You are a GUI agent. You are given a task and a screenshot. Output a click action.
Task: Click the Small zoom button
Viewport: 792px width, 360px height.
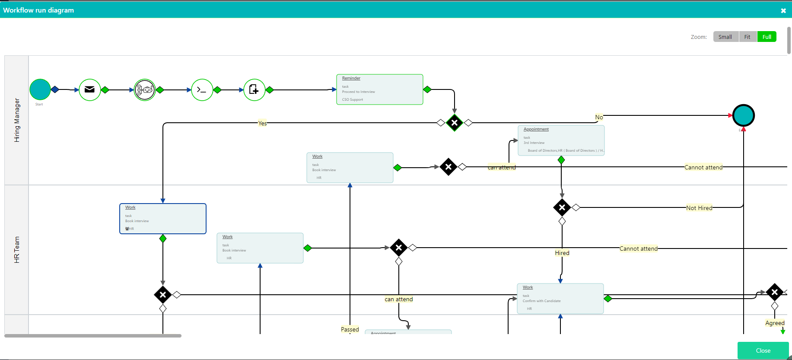725,37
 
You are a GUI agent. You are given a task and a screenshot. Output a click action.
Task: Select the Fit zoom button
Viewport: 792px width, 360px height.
747,37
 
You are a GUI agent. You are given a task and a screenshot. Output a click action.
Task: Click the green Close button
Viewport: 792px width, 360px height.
763,350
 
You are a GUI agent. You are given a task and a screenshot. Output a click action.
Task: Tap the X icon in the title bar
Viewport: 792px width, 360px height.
783,11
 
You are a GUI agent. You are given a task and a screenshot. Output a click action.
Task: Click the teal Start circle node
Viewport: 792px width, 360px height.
40,89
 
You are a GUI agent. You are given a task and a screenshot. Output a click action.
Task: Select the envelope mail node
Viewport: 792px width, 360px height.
90,89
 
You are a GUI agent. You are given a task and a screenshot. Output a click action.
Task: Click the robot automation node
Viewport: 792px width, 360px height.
145,90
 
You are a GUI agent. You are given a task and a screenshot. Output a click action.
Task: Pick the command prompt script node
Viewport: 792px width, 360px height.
202,90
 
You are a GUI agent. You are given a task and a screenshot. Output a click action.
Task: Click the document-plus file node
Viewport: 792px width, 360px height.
254,90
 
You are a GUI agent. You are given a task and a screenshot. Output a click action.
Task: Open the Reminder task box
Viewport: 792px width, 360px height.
379,89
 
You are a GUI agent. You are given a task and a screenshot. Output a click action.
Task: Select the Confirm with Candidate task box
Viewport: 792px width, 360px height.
560,299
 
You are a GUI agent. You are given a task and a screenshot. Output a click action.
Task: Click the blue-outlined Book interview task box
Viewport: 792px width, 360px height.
162,219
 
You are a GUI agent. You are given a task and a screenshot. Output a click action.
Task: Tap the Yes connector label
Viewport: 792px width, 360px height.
262,123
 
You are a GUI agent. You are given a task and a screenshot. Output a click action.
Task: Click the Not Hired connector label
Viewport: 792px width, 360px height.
699,208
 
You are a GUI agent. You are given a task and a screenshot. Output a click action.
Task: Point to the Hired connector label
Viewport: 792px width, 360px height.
562,253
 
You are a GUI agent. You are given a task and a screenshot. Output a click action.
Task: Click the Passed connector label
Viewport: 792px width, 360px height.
350,329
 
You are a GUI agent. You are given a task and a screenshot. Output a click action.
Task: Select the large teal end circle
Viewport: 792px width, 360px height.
743,115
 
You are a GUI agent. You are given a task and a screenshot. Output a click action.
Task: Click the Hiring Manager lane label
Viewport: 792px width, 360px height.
17,120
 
